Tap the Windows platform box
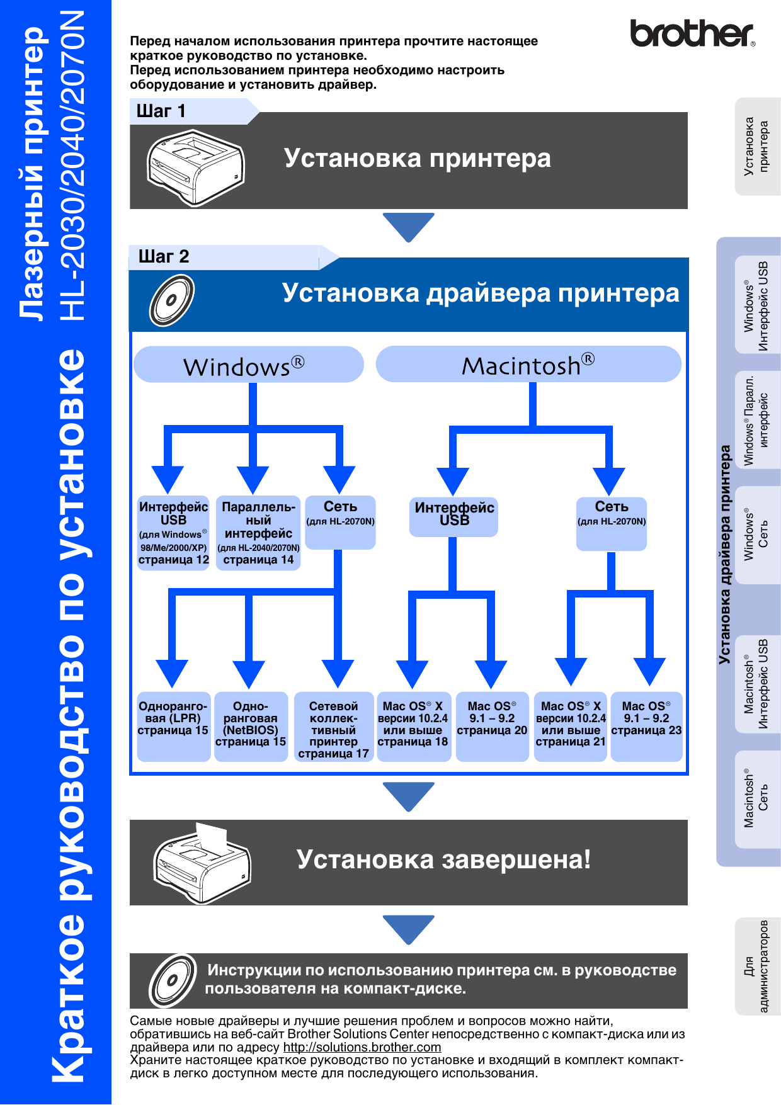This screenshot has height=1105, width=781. click(x=248, y=365)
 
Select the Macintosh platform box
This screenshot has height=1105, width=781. click(x=528, y=365)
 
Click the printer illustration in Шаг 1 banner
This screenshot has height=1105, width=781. click(x=195, y=167)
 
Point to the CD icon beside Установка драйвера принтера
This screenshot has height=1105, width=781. click(x=171, y=300)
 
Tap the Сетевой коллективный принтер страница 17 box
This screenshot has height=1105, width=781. click(x=334, y=727)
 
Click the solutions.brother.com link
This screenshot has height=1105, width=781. click(x=362, y=1047)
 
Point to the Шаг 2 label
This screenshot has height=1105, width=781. click(x=164, y=257)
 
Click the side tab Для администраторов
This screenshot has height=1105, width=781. click(x=757, y=966)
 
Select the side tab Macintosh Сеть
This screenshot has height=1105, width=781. click(x=757, y=798)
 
